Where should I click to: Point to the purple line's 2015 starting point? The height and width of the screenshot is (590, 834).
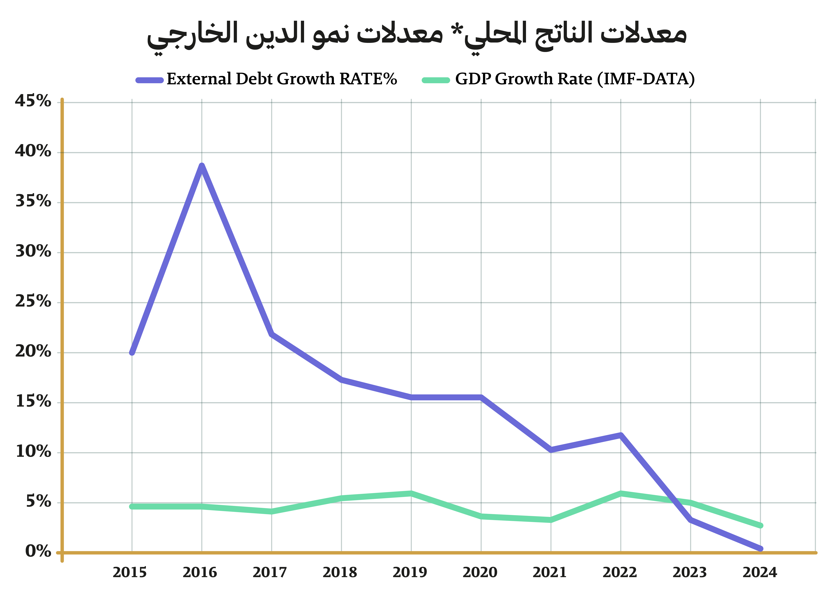coord(132,352)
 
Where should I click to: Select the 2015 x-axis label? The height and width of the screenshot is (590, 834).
coord(130,572)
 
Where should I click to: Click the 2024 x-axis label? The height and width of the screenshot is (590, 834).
coord(760,572)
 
